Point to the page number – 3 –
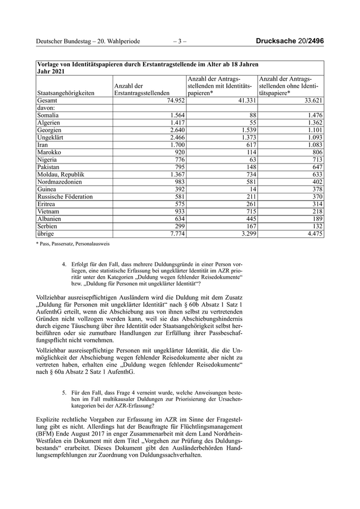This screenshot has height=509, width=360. point(179,41)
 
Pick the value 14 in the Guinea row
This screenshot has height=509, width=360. point(252,189)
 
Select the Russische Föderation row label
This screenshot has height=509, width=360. point(65,196)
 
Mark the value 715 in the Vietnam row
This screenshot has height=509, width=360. point(249,211)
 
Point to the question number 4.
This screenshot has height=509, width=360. point(64,265)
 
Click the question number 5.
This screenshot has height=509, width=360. point(64,392)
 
